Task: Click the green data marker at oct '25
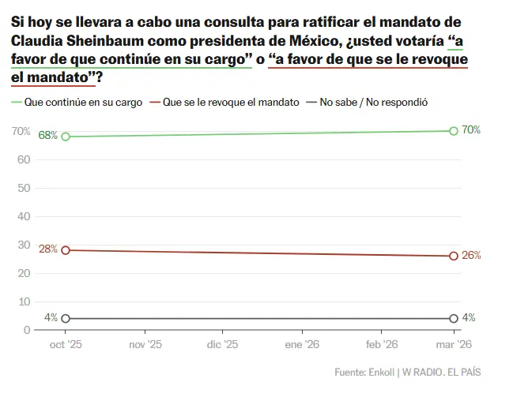coord(65,137)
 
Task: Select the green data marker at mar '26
coord(454,131)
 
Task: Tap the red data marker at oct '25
coord(65,250)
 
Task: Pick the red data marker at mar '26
coord(454,256)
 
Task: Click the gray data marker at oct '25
coord(65,318)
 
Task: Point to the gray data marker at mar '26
coord(454,318)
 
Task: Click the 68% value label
coord(47,136)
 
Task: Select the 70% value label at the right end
coord(471,130)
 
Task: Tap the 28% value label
coord(47,249)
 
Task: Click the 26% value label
coord(471,256)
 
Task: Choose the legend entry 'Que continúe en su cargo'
coord(79,102)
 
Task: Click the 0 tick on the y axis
coord(27,330)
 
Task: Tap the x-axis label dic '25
coord(221,345)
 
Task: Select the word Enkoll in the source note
coord(382,372)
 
